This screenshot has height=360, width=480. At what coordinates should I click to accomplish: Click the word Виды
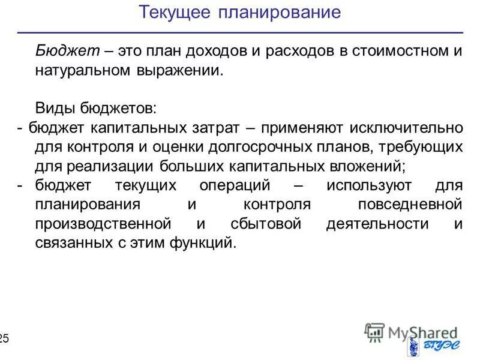click(53, 109)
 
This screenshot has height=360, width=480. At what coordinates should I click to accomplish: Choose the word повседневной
click(410, 204)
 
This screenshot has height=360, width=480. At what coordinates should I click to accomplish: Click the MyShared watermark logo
click(410, 332)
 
